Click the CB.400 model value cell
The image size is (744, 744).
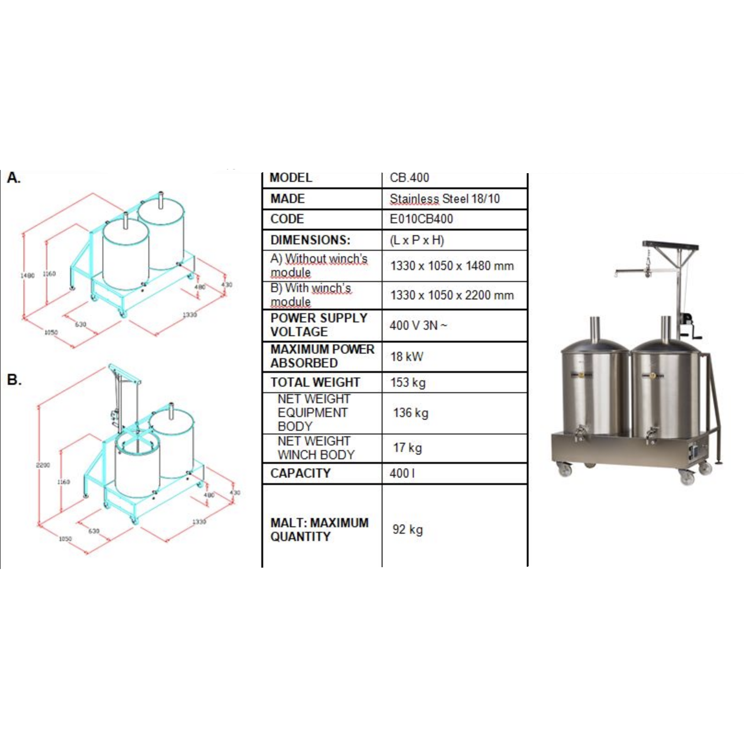pyautogui.click(x=409, y=178)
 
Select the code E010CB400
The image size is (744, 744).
pyautogui.click(x=421, y=219)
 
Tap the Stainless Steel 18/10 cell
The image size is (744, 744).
pyautogui.click(x=445, y=199)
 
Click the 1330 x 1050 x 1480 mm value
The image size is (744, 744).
pyautogui.click(x=452, y=266)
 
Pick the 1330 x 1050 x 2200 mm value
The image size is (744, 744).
pyautogui.click(x=452, y=295)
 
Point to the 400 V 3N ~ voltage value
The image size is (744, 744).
pyautogui.click(x=418, y=326)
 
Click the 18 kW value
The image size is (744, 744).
pyautogui.click(x=407, y=357)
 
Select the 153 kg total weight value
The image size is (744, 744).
pyautogui.click(x=408, y=383)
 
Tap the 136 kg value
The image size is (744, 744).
pyautogui.click(x=411, y=413)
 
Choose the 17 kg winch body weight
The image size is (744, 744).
pyautogui.click(x=407, y=448)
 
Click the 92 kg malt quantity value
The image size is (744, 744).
pyautogui.click(x=407, y=530)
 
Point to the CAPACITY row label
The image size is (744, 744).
pyautogui.click(x=300, y=473)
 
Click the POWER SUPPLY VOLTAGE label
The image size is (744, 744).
pyautogui.click(x=319, y=325)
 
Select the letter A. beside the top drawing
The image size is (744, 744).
pyautogui.click(x=14, y=178)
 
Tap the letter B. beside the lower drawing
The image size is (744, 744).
pyautogui.click(x=14, y=380)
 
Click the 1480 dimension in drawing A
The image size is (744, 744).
pyautogui.click(x=27, y=276)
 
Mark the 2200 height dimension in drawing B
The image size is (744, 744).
pyautogui.click(x=43, y=465)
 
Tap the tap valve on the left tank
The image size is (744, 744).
pyautogui.click(x=580, y=433)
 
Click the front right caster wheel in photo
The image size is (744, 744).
pyautogui.click(x=687, y=478)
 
